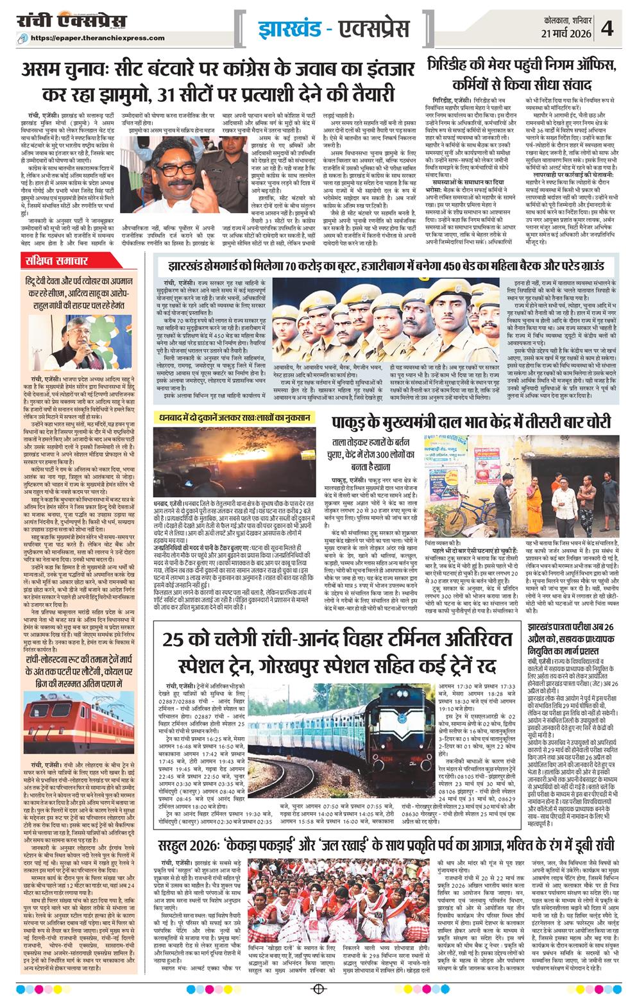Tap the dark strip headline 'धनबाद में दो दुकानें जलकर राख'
point(242,418)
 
